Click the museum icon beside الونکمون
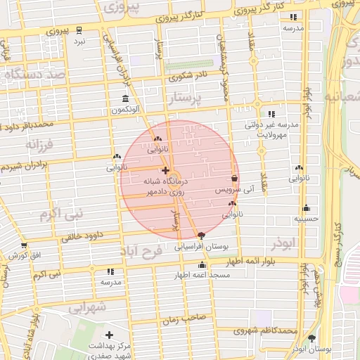tap(125, 98)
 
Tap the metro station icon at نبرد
tap(79, 30)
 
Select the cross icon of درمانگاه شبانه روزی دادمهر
tap(165, 170)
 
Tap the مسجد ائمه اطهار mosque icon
tap(202, 265)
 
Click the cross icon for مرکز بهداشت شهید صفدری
tap(109, 335)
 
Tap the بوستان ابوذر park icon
tap(311, 338)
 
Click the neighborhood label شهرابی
tap(89, 307)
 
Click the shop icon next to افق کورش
tap(25, 245)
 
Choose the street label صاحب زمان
tap(186, 318)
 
